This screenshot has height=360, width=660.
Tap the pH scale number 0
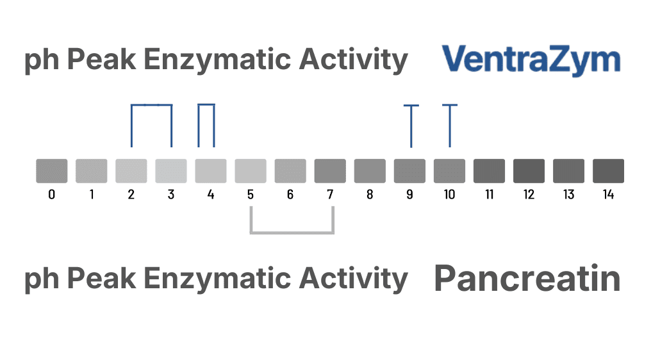coord(51,195)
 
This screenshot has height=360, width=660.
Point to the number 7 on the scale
coord(330,195)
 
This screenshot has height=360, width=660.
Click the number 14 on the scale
coord(608,195)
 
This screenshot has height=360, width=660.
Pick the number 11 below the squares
coord(489,195)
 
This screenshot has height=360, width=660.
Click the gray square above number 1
coord(92,171)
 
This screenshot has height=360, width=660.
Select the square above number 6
coord(290,171)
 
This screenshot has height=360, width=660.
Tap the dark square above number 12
coord(529,171)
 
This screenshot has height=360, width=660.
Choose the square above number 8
coord(370,171)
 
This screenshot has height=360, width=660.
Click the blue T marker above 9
coord(411,125)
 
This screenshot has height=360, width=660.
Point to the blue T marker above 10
coord(450,125)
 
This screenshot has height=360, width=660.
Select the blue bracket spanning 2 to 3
coord(151,105)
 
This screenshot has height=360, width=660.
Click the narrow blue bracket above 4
coord(206,105)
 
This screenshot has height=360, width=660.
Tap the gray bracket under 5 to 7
coord(292,231)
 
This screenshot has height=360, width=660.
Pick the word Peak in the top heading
coord(101,61)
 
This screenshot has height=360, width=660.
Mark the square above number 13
coord(568,171)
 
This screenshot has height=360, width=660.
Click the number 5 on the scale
coord(251,195)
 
